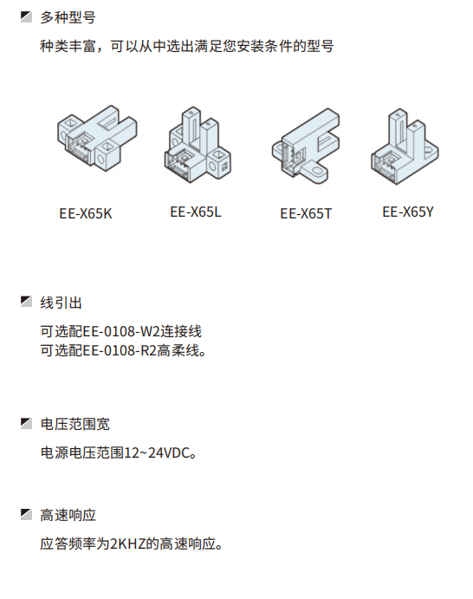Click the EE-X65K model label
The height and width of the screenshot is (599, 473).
86,213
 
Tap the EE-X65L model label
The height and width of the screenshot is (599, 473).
196,212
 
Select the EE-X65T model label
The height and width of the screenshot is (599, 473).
306,213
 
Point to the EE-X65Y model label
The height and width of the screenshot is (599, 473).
408,212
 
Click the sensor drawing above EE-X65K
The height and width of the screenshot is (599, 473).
97,138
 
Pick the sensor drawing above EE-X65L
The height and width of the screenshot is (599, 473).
198,145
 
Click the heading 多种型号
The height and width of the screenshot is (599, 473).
68,17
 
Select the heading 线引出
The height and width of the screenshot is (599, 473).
62,303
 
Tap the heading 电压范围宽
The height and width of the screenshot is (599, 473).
75,424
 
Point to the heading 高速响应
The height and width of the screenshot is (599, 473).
68,515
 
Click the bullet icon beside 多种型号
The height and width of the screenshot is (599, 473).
26,16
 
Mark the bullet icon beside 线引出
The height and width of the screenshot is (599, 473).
26,302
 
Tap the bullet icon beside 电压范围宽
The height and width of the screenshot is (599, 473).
26,423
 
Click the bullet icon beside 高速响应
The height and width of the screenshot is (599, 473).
26,514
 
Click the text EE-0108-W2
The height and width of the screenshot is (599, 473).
121,331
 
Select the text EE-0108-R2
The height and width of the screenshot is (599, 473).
120,350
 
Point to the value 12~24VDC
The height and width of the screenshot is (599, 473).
157,453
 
